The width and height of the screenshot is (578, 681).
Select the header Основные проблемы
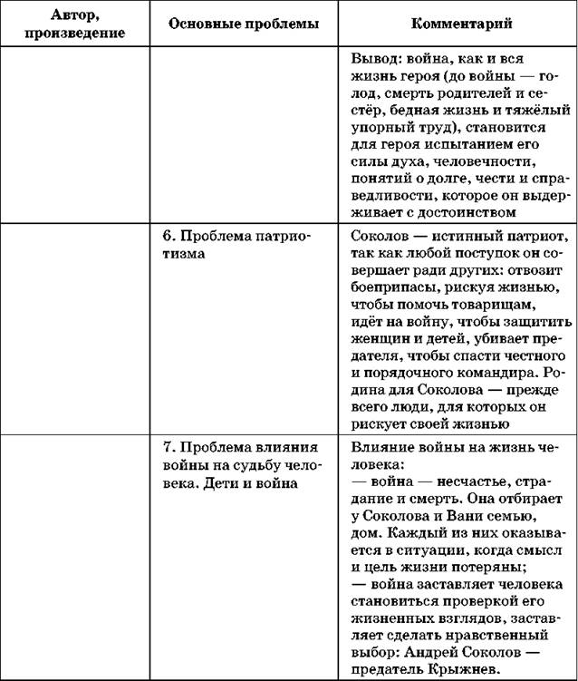click(244, 23)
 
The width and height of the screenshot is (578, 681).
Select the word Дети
click(222, 482)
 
